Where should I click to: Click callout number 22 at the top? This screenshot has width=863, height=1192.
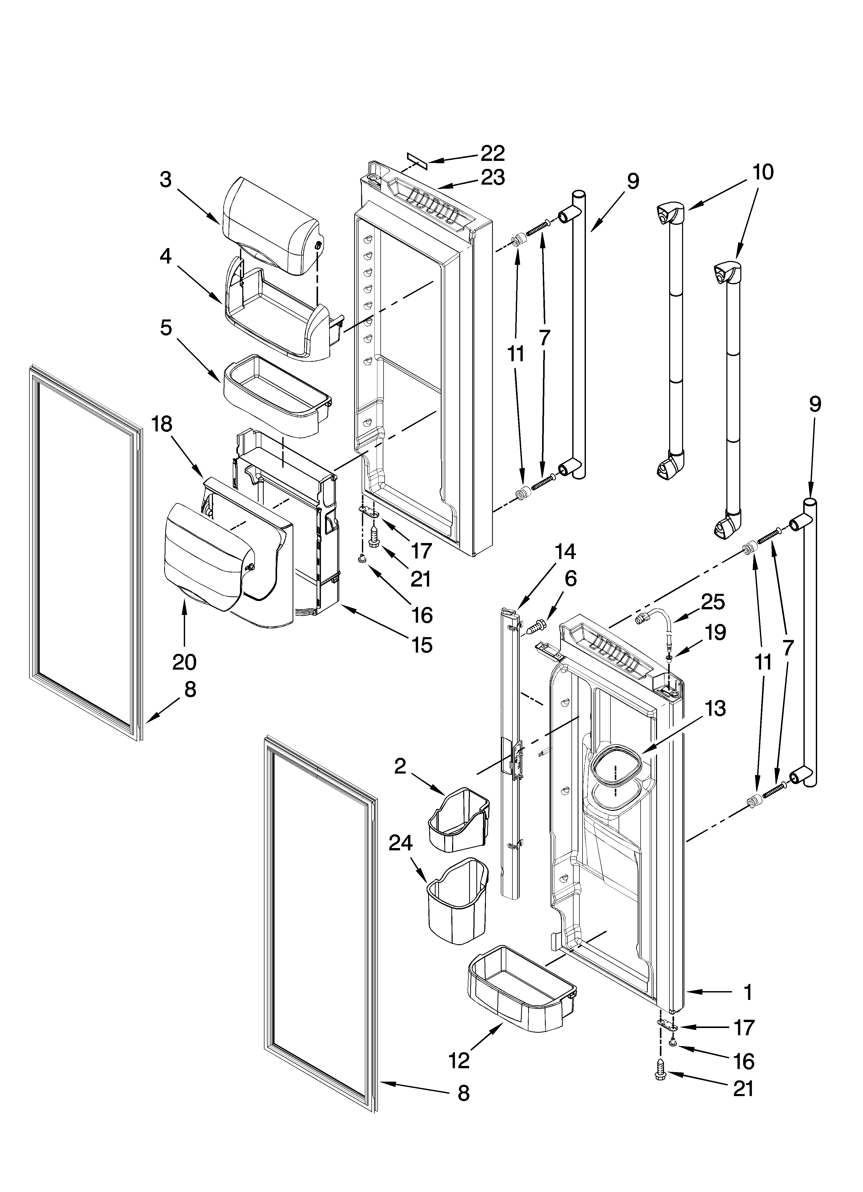pyautogui.click(x=493, y=153)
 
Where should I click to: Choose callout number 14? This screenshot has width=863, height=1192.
pyautogui.click(x=565, y=551)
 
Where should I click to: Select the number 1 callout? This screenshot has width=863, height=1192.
pyautogui.click(x=747, y=992)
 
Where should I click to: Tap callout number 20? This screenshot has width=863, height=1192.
pyautogui.click(x=185, y=662)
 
